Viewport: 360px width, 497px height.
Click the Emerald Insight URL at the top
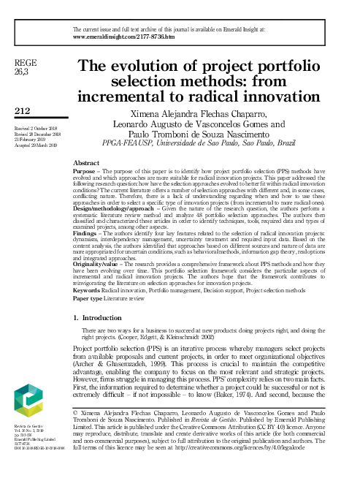(124, 34)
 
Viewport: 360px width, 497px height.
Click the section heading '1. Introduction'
(104, 338)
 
